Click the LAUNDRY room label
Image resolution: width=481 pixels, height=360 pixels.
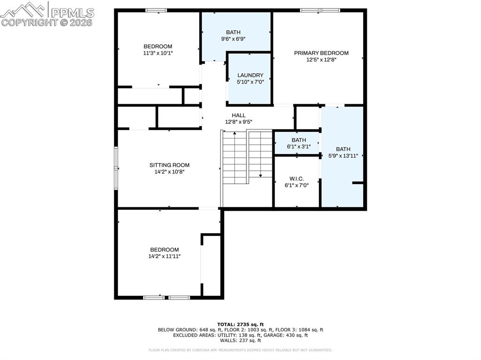click(250, 75)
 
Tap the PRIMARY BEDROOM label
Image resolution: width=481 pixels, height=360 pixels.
click(321, 53)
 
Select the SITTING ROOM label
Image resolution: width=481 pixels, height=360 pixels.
click(170, 165)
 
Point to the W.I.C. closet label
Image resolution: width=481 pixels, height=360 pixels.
click(296, 179)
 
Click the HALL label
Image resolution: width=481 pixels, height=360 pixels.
click(239, 115)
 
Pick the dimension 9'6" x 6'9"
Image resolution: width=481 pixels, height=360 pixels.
click(233, 39)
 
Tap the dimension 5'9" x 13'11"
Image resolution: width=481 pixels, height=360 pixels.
click(343, 156)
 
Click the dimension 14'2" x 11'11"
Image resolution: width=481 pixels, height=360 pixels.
click(164, 256)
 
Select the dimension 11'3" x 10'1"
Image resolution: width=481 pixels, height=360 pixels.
click(158, 53)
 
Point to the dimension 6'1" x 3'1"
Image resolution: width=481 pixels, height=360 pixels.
click(299, 146)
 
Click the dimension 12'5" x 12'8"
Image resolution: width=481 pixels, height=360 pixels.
click(321, 60)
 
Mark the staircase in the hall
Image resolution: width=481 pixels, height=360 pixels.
click(247, 157)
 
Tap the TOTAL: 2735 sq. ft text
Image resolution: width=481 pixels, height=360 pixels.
click(240, 324)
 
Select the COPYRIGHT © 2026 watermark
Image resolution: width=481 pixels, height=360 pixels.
click(47, 22)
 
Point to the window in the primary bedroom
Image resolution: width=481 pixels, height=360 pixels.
click(320, 10)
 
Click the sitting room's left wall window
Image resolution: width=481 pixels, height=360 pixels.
click(116, 168)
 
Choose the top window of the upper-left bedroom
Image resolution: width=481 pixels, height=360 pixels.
click(156, 10)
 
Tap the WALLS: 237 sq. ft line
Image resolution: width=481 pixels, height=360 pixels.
click(240, 340)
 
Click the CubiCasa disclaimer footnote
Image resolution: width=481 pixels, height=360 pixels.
click(240, 350)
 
